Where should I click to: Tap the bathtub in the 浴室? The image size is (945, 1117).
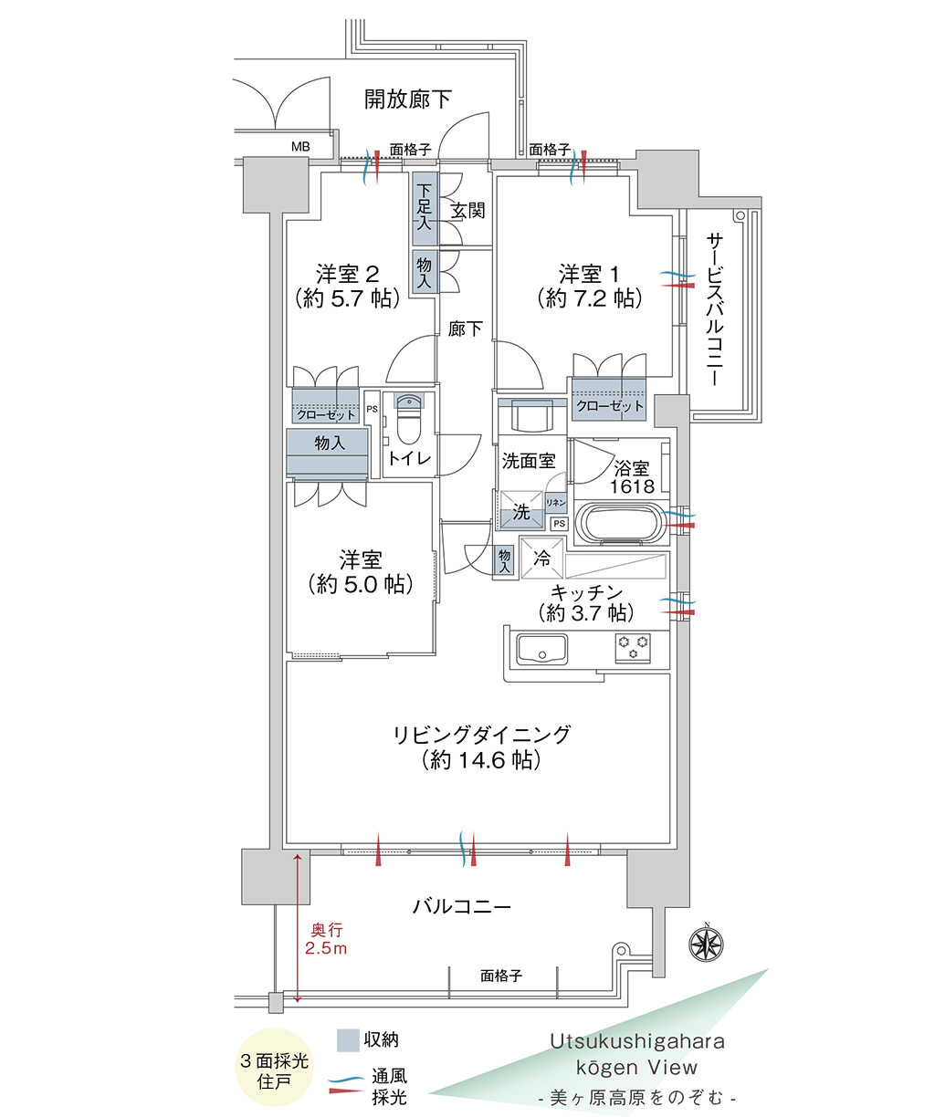pos(621,523)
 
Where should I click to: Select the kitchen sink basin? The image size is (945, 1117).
pos(542,649)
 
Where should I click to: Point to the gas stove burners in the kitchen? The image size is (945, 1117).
pos(633,647)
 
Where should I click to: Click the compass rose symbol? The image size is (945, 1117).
pos(706,945)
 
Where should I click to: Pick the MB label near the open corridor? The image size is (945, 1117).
pos(300,146)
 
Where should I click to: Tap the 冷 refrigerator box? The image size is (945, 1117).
pos(541,558)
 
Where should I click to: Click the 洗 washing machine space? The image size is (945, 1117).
pos(521,510)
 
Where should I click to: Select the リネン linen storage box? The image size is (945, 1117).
pos(555,503)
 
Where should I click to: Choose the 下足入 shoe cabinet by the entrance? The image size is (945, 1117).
pos(424,208)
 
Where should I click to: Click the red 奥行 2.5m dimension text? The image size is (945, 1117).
pos(326,939)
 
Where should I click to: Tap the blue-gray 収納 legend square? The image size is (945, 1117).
pos(348,1039)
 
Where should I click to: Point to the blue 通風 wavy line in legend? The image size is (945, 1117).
pos(347,1078)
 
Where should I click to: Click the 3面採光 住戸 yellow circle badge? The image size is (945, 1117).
pos(275,1068)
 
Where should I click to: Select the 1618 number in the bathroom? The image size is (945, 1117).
pos(632,487)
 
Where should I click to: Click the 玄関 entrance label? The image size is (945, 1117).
pos(468,211)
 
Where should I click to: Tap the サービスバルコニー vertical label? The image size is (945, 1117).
pos(715,308)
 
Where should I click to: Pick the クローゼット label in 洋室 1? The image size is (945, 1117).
pos(610,406)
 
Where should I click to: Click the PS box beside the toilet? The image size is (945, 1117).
pos(372,409)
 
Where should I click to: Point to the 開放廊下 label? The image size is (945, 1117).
pos(407,99)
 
